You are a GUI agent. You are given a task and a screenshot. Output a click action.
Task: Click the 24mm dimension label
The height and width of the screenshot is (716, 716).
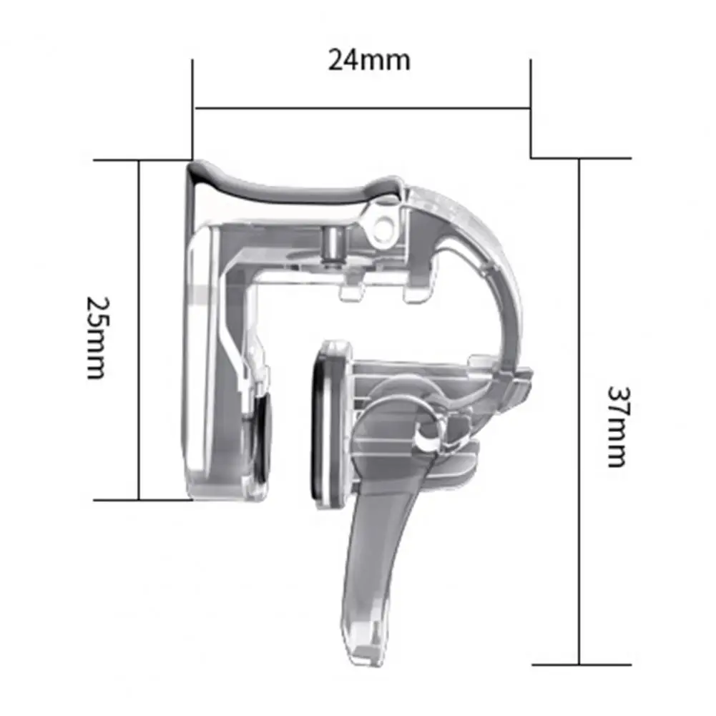click(369, 60)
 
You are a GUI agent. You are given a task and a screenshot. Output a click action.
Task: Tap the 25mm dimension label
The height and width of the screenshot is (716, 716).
click(98, 338)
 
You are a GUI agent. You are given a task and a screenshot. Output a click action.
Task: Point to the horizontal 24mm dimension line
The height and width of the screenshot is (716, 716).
click(362, 108)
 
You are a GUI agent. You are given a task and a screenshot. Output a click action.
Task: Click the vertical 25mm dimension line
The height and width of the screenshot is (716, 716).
click(138, 330)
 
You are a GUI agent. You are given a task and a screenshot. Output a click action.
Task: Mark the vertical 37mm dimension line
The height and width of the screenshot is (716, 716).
click(579, 411)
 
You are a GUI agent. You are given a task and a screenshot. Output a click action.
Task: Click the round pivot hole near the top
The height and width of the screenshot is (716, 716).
click(385, 224)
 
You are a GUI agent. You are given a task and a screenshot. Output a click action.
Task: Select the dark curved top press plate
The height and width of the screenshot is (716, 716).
click(293, 185)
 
